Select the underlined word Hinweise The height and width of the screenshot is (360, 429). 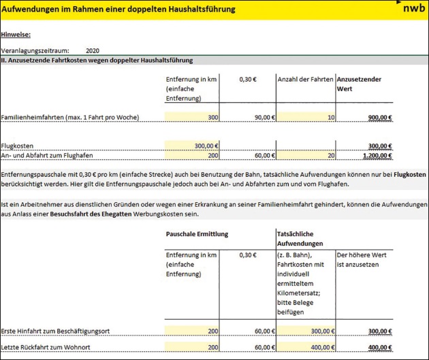click(x=16, y=34)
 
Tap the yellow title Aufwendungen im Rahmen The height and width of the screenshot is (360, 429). click(x=119, y=10)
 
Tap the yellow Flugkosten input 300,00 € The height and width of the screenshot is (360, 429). click(x=204, y=146)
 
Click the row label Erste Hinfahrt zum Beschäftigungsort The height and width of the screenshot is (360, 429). click(x=65, y=331)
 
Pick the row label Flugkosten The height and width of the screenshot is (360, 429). click(x=18, y=146)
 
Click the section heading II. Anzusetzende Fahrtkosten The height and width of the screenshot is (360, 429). click(x=95, y=60)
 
